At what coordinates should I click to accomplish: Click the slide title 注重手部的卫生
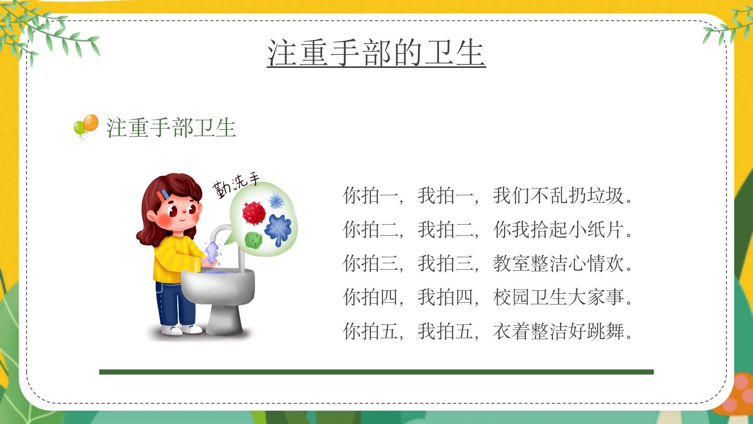point(376,53)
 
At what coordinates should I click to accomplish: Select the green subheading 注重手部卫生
point(171,128)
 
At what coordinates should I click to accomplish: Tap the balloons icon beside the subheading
point(86,127)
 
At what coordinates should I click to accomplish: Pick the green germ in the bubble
point(253,240)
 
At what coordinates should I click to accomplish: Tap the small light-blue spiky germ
point(276,201)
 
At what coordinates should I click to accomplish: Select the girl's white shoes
point(181,329)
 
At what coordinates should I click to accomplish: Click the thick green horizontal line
point(376,372)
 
